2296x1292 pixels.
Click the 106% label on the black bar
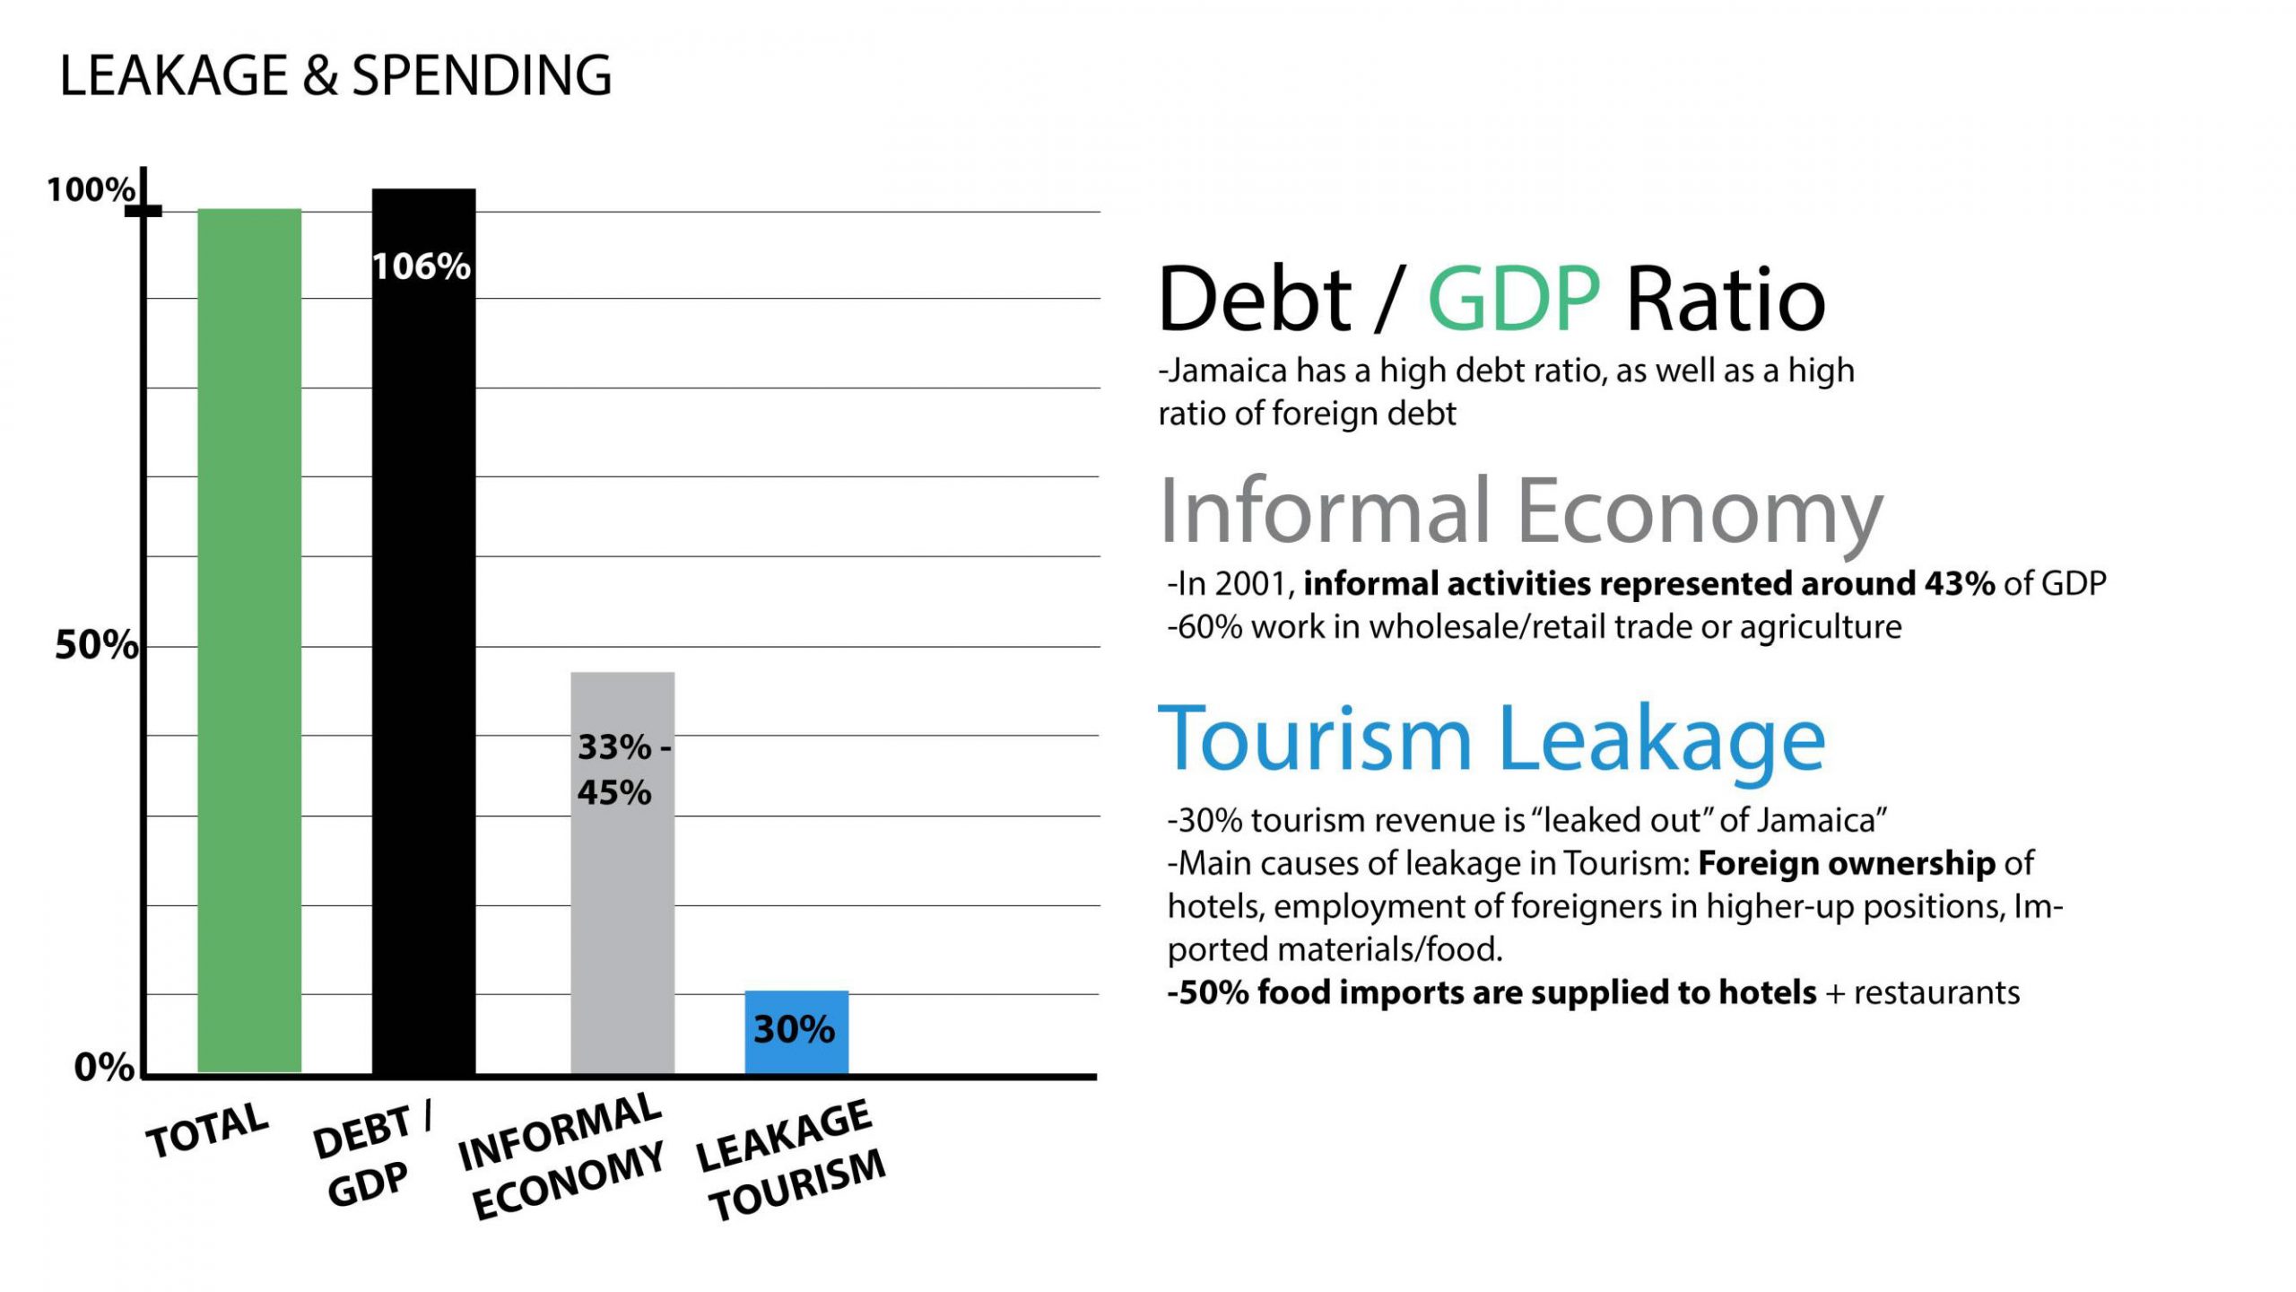point(422,266)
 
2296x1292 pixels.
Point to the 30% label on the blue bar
point(795,1030)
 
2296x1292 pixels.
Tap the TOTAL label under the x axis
point(208,1130)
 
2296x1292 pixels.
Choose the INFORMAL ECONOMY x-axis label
point(563,1157)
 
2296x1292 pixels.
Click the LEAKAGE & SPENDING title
point(335,75)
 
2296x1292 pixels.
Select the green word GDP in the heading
point(1513,299)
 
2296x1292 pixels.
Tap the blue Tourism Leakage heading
point(1492,739)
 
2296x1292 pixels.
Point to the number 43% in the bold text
point(1960,584)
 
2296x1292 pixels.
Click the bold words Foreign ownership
point(1847,863)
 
